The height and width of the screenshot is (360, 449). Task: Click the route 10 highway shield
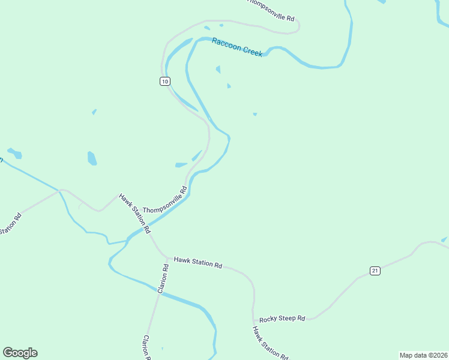pyautogui.click(x=165, y=81)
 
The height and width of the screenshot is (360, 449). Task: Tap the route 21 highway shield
pyautogui.click(x=375, y=271)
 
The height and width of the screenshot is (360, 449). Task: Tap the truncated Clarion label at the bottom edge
pyautogui.click(x=146, y=347)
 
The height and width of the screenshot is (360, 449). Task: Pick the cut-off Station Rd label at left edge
pyautogui.click(x=10, y=223)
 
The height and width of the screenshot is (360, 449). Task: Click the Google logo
pyautogui.click(x=20, y=353)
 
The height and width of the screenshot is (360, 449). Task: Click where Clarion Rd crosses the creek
pyautogui.click(x=159, y=292)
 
